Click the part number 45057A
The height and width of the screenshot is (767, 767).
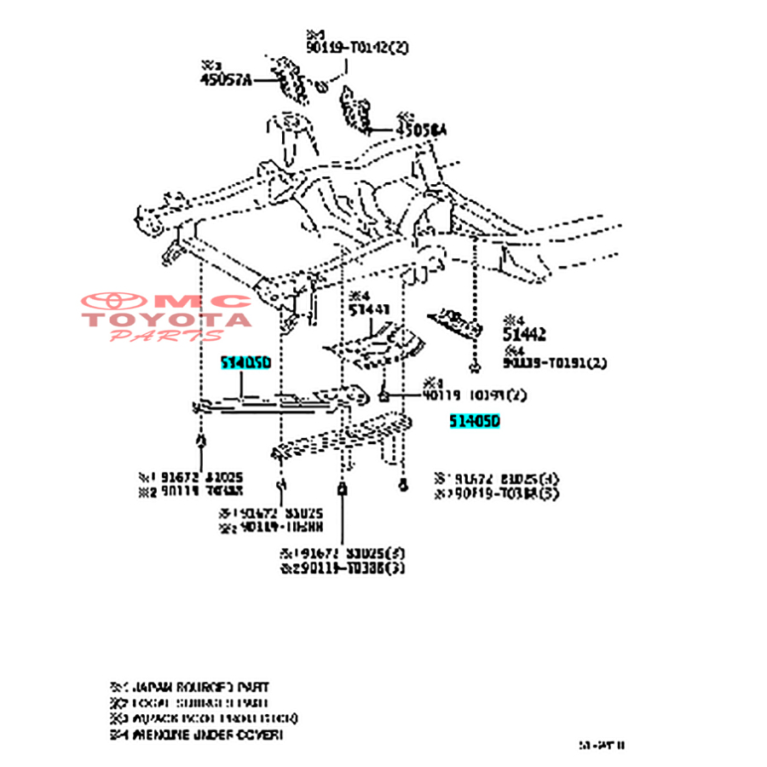pos(226,80)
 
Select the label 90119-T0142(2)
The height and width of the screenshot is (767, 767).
pos(357,48)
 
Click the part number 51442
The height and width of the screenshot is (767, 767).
pos(523,335)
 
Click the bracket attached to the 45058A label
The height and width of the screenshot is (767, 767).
pos(356,110)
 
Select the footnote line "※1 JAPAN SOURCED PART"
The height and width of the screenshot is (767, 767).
pos(189,687)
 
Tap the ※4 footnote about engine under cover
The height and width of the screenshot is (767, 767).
pos(196,734)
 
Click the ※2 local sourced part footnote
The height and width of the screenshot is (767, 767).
pos(189,703)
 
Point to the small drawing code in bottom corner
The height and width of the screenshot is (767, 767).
pos(602,745)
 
